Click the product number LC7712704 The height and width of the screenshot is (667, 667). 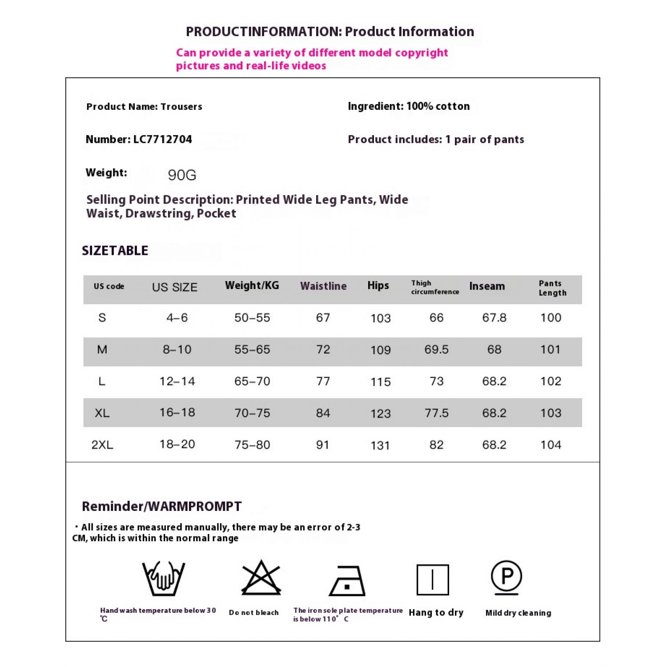[x=163, y=140]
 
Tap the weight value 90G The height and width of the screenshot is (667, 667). [x=182, y=175]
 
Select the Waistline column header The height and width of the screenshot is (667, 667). [x=323, y=286]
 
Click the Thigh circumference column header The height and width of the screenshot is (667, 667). [x=434, y=287]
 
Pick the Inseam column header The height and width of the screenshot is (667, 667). [x=487, y=286]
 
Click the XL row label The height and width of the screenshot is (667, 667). [x=102, y=413]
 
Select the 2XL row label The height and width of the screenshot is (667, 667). [x=102, y=445]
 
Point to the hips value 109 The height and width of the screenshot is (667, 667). [x=381, y=350]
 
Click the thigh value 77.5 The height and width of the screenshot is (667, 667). [x=437, y=413]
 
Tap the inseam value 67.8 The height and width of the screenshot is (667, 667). [x=494, y=317]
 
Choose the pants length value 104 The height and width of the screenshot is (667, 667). [x=550, y=445]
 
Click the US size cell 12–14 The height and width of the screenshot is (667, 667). [x=177, y=381]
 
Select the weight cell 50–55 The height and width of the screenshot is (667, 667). [x=252, y=317]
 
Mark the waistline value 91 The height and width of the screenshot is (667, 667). [x=323, y=445]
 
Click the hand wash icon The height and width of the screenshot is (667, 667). [x=164, y=578]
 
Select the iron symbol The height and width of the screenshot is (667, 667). [x=347, y=581]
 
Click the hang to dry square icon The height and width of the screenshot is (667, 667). [x=433, y=580]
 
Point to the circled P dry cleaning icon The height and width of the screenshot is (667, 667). [x=506, y=576]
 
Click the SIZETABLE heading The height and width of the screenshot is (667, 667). [x=115, y=251]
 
